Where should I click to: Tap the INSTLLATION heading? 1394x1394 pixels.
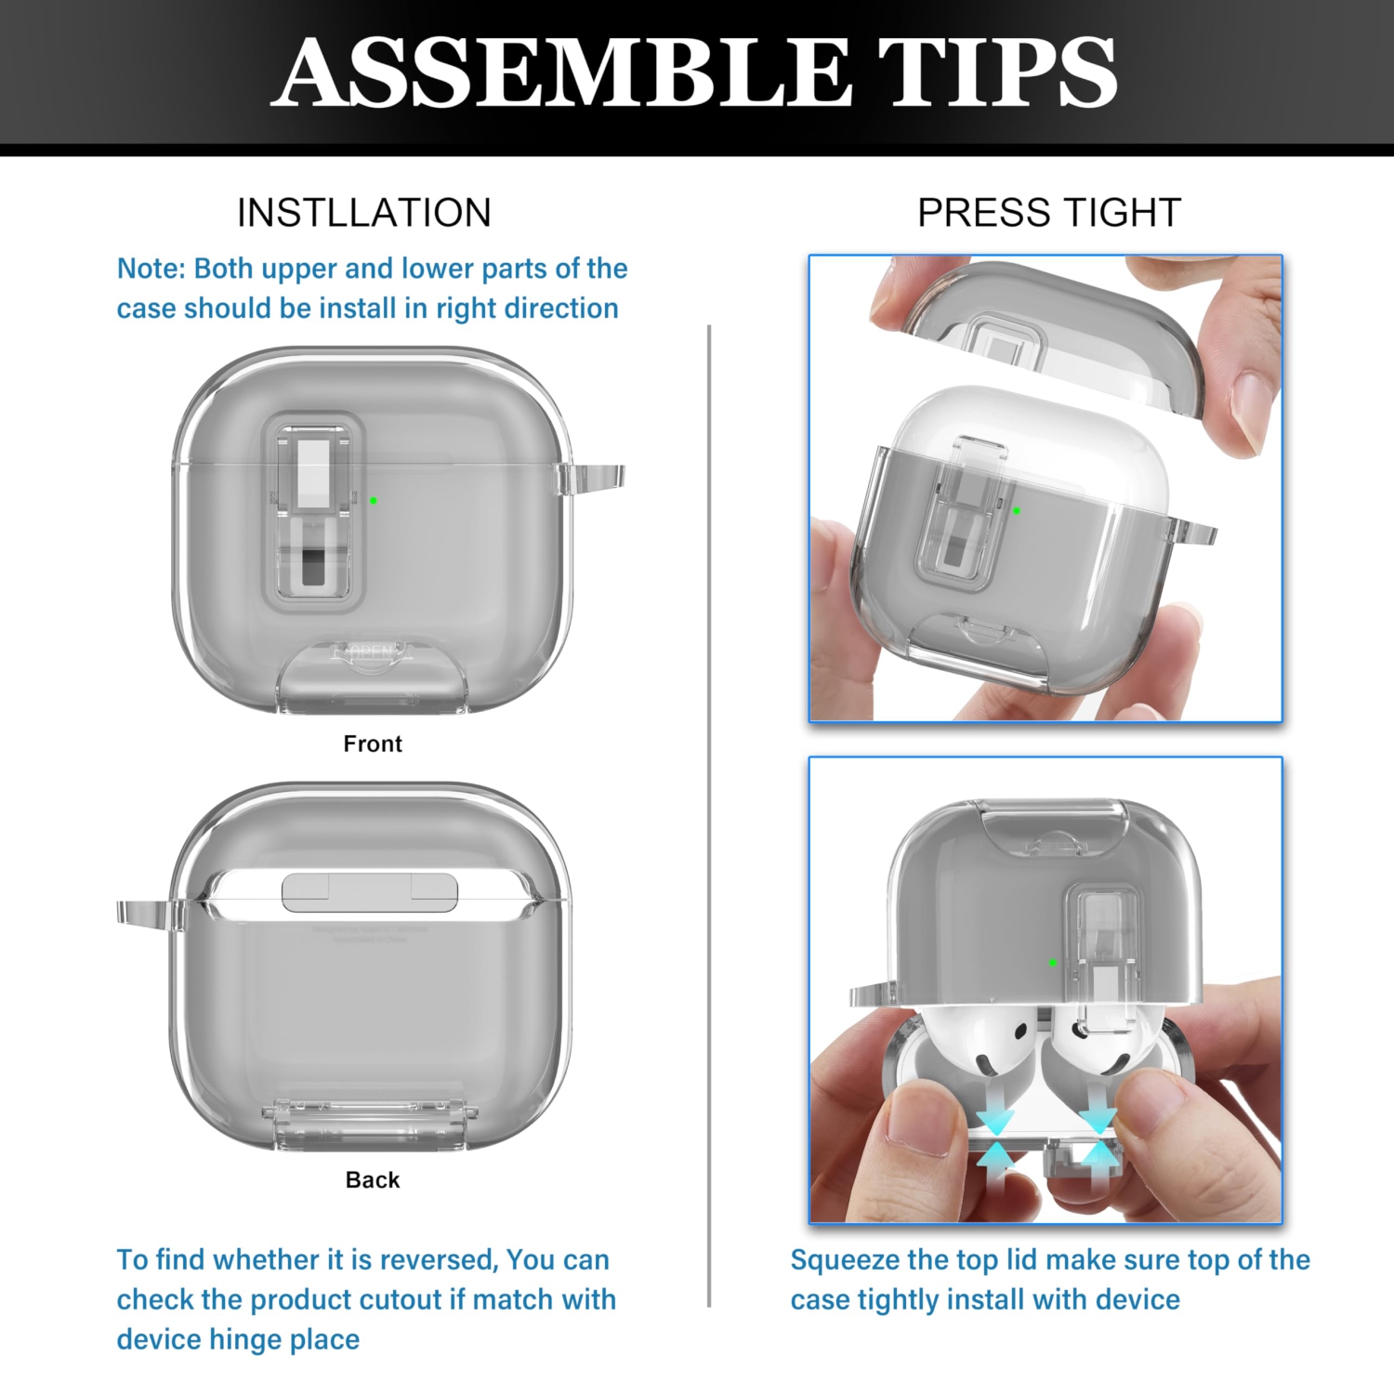click(363, 213)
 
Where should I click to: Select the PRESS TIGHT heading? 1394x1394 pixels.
click(1048, 213)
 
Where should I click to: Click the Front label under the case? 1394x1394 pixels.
click(372, 743)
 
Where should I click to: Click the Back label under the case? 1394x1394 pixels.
click(372, 1179)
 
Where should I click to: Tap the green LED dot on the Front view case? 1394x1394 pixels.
click(374, 501)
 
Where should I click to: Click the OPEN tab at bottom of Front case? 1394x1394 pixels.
click(372, 653)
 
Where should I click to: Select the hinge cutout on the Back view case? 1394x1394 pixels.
click(370, 892)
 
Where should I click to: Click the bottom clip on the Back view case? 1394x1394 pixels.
click(370, 1119)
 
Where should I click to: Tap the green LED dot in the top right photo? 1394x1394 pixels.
click(1017, 510)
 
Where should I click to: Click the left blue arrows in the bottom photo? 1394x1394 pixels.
click(996, 1139)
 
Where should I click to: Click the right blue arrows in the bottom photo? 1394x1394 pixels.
click(1098, 1138)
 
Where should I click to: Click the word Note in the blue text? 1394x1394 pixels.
click(151, 269)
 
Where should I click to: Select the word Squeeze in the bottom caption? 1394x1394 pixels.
click(845, 1260)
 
